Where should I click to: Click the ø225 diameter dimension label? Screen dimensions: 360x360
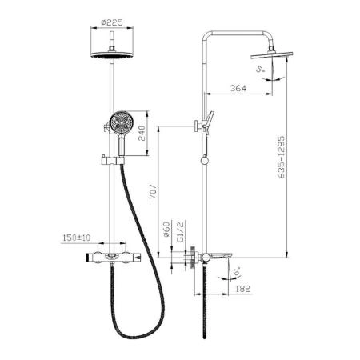pos(112,22)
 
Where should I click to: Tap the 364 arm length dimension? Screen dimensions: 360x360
pos(238,88)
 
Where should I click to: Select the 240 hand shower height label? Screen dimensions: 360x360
pos(142,134)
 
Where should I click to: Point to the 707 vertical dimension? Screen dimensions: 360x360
pos(153,191)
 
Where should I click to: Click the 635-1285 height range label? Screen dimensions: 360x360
pos(281,157)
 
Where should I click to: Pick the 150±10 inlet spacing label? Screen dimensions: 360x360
pos(77,238)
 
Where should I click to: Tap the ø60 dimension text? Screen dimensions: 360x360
pos(166,230)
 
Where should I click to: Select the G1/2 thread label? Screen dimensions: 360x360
pos(181,231)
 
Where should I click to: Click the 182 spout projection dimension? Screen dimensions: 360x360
pos(243,289)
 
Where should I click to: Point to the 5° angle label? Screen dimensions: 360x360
pos(260,69)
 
